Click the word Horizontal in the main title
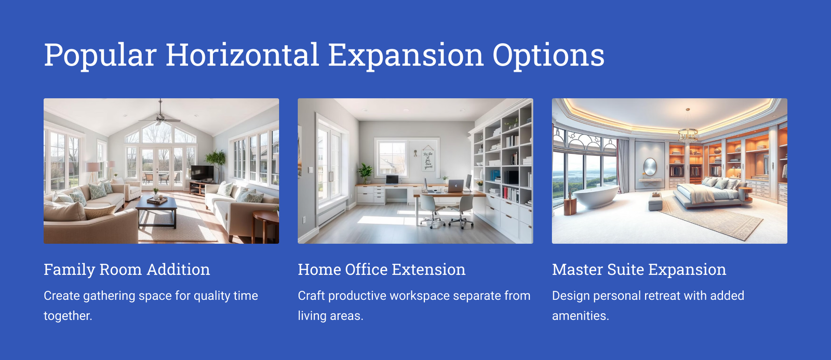(242, 55)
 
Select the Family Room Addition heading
(127, 270)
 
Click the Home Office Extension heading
(381, 270)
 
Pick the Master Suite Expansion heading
(639, 270)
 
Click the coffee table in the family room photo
(156, 210)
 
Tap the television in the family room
(202, 173)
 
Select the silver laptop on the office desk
(455, 185)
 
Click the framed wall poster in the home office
(428, 158)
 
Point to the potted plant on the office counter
(366, 174)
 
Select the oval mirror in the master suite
(650, 167)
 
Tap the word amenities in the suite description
(580, 316)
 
